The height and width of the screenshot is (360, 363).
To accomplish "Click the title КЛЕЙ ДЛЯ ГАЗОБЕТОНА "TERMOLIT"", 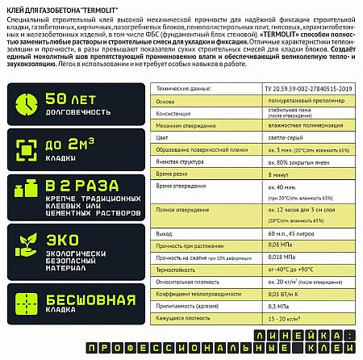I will [x=59, y=8].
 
